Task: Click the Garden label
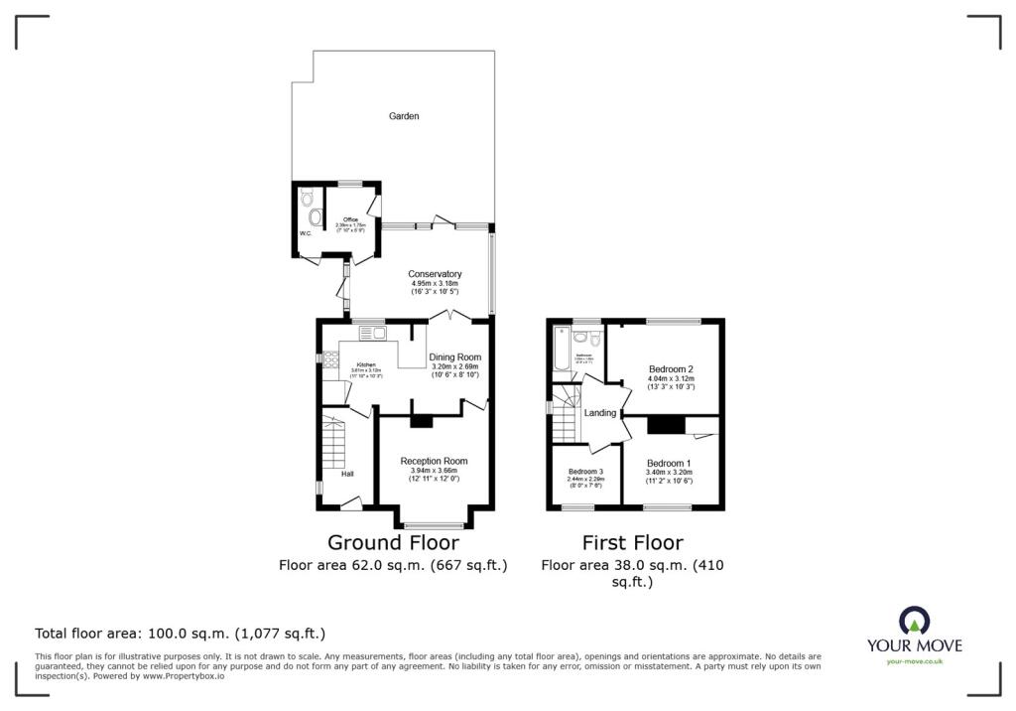click(404, 116)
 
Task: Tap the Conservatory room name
click(435, 274)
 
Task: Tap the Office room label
click(350, 219)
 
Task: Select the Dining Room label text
click(454, 357)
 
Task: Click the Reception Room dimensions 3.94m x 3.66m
click(434, 471)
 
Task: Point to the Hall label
click(347, 474)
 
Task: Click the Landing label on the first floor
click(600, 413)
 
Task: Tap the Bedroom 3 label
click(585, 472)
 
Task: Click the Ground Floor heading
click(393, 543)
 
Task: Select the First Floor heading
click(632, 543)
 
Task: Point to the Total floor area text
click(180, 633)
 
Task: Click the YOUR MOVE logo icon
click(914, 621)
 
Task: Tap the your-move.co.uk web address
click(914, 661)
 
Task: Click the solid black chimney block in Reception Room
click(422, 421)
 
